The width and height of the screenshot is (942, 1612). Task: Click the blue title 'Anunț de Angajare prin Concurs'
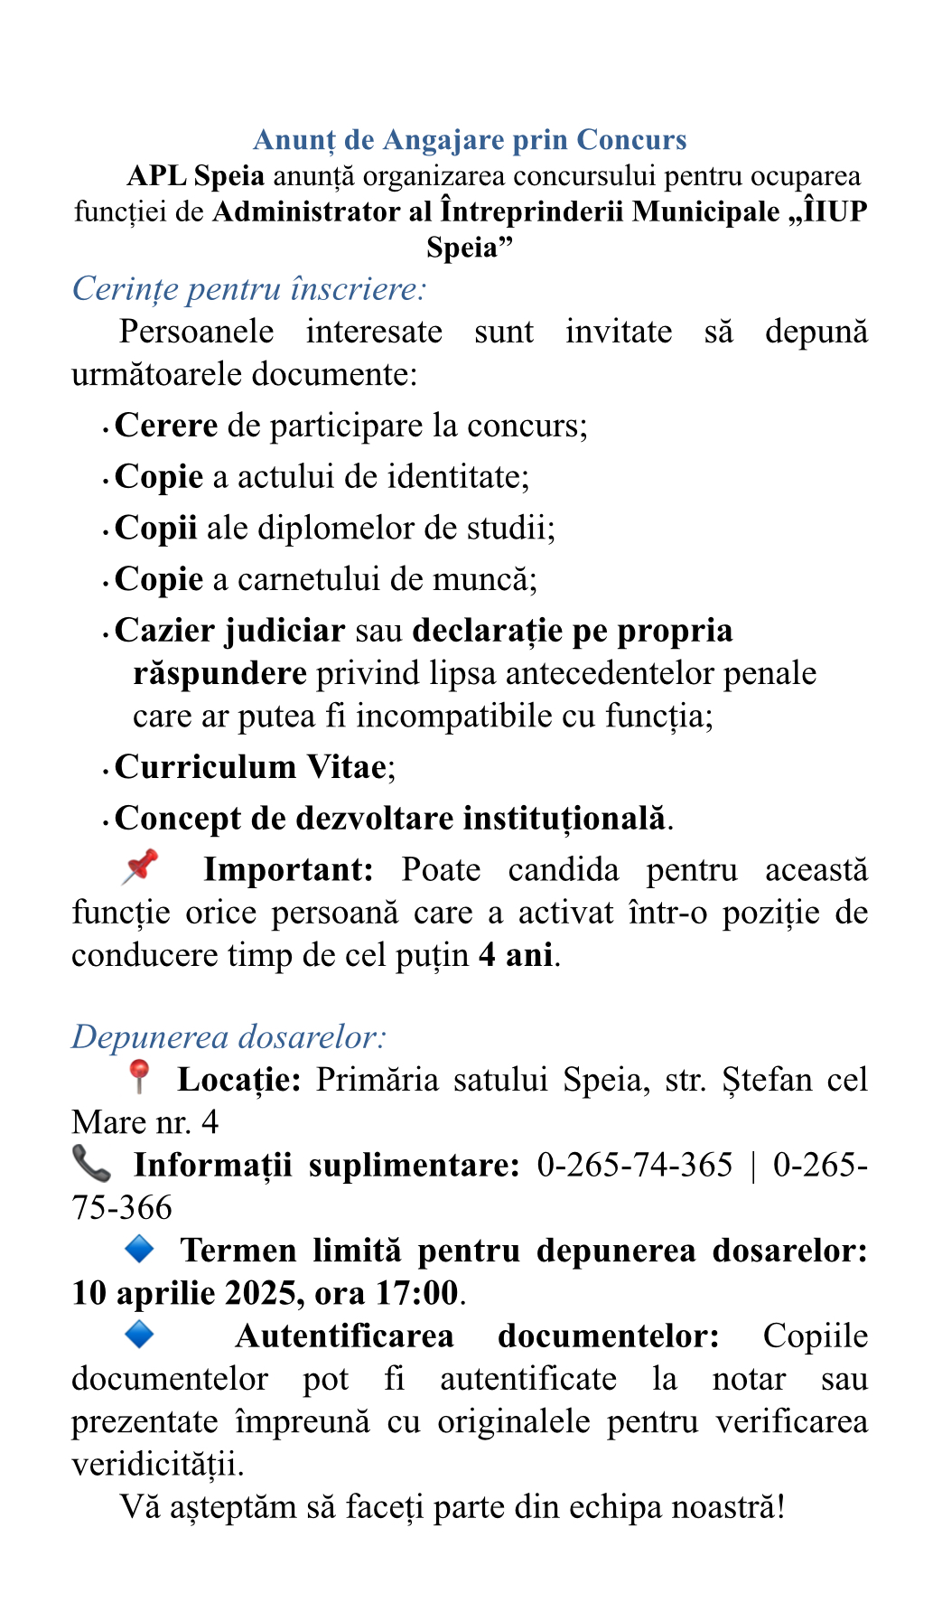(470, 140)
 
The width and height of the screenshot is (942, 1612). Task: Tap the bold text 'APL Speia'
(196, 176)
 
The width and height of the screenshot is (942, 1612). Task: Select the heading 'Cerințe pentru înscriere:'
(248, 289)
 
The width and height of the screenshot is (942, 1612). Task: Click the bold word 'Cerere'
(166, 426)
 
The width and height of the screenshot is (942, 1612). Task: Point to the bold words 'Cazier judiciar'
(229, 631)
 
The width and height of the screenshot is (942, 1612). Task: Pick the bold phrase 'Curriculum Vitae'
(250, 767)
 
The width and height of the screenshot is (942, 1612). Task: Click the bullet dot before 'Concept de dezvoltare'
(107, 821)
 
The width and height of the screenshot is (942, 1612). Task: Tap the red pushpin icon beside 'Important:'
(140, 867)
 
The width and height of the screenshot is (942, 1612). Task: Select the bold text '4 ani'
(516, 955)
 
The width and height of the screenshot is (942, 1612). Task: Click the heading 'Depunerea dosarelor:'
(229, 1036)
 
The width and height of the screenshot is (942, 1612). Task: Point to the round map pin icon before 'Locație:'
(138, 1076)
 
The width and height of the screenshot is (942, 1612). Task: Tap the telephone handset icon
(91, 1164)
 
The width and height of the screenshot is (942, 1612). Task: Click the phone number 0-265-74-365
(634, 1166)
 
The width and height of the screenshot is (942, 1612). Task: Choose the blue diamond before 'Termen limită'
(139, 1250)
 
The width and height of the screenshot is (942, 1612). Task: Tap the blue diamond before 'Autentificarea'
(139, 1335)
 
